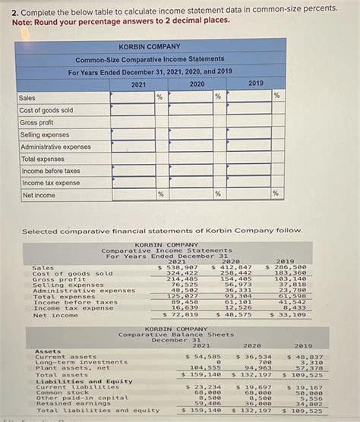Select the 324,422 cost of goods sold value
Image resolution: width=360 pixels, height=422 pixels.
[183, 273]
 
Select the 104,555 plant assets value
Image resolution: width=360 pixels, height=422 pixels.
[205, 367]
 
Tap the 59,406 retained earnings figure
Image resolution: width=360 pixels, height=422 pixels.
[207, 403]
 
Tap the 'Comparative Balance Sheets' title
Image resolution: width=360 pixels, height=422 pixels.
[175, 334]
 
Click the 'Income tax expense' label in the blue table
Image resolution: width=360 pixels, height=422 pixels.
[50, 183]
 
